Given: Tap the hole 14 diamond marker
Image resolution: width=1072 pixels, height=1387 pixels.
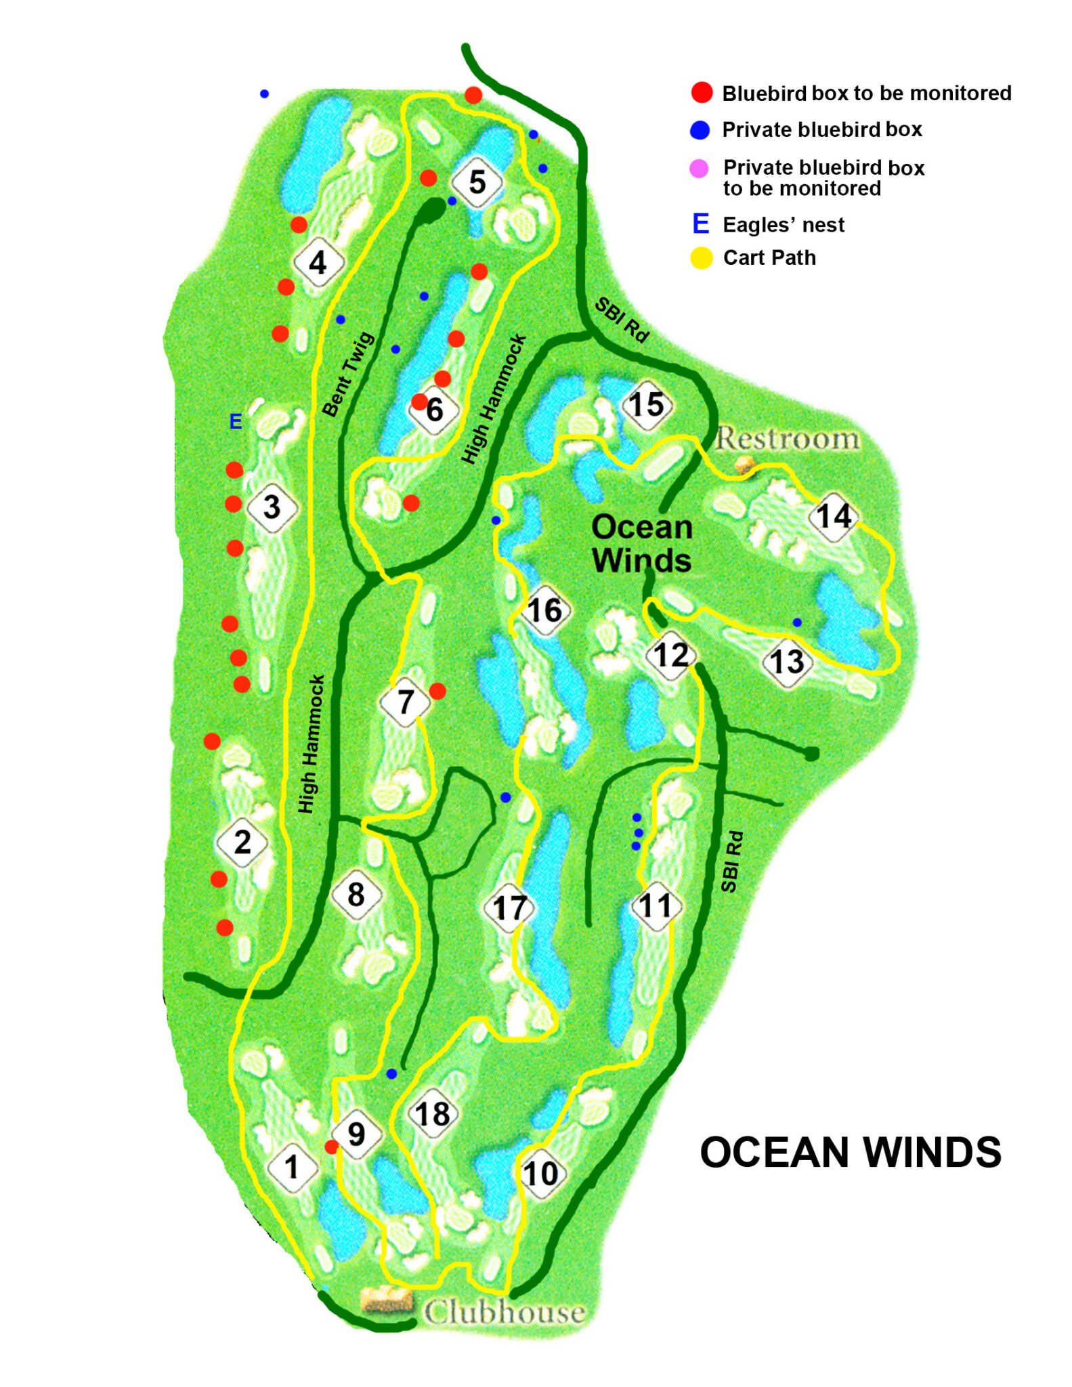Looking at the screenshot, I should click(833, 516).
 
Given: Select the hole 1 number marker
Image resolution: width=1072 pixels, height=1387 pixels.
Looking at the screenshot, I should click(292, 1166).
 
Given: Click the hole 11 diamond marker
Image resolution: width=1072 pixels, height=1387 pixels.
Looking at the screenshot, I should click(656, 905).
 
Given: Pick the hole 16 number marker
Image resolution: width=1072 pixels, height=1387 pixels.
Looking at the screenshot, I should click(544, 610).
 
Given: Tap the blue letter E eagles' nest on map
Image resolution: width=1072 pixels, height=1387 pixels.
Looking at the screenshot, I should click(236, 421).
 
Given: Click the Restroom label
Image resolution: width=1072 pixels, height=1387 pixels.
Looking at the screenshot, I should click(788, 439).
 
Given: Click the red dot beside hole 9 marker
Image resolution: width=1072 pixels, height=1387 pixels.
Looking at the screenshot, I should click(331, 1146).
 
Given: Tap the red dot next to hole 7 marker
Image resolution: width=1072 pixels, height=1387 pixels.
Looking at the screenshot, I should click(437, 691).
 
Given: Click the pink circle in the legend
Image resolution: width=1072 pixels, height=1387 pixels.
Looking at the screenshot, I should click(699, 169).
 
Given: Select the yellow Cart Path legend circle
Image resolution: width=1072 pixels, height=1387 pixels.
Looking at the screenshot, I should click(702, 258).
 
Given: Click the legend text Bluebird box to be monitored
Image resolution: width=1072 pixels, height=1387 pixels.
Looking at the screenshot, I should click(866, 93).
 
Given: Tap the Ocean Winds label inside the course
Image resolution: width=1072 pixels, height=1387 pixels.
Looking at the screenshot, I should click(641, 544).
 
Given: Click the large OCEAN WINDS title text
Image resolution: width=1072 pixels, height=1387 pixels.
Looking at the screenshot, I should click(850, 1153).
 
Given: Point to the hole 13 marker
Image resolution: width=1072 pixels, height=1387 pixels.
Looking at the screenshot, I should click(787, 662).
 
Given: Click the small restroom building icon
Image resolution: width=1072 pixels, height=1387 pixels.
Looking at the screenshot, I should click(745, 465).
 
